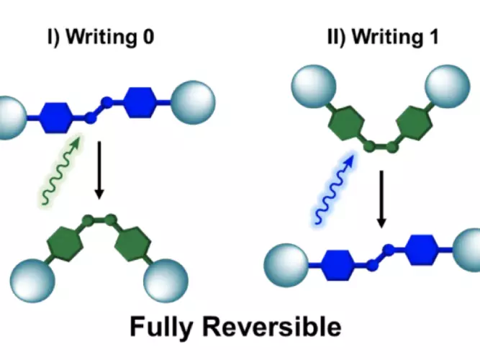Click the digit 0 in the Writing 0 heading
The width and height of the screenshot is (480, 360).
click(x=148, y=37)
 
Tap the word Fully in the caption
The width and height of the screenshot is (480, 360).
click(x=161, y=328)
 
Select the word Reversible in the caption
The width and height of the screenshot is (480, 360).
click(x=272, y=326)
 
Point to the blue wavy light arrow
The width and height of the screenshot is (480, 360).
click(x=335, y=189)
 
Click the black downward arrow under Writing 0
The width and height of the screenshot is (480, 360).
click(x=99, y=170)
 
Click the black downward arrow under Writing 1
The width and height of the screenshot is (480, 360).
click(x=381, y=199)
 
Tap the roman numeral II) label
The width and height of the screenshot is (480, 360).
click(x=336, y=37)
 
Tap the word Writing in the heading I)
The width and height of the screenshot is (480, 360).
click(x=101, y=37)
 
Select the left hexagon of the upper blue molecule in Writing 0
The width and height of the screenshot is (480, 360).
click(x=57, y=117)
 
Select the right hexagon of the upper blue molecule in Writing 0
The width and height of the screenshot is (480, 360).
click(x=140, y=102)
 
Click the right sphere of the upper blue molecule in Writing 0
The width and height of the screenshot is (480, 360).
click(x=193, y=102)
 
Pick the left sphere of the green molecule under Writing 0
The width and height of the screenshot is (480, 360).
click(x=32, y=281)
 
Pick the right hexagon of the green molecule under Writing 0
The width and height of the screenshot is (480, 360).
click(x=133, y=244)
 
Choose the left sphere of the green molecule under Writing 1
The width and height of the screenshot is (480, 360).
click(x=314, y=86)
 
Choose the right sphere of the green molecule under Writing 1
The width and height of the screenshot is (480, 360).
click(x=448, y=86)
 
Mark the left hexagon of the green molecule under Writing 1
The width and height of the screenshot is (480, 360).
click(x=347, y=123)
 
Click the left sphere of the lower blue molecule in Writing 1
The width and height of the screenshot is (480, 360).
click(x=286, y=266)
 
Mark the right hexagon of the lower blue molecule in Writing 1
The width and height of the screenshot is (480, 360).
click(x=422, y=250)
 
